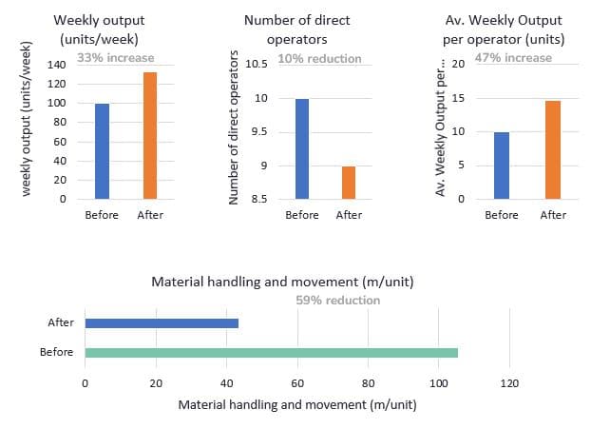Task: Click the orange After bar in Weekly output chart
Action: pos(150,135)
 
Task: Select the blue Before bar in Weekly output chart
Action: pos(103,151)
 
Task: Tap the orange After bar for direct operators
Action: pos(349,183)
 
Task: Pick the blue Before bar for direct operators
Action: pos(302,149)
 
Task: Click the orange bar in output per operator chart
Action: pos(553,149)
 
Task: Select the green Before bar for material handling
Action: pos(272,353)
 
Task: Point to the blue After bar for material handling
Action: pos(162,323)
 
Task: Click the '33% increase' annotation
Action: pos(116,58)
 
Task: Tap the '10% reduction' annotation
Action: pos(319,58)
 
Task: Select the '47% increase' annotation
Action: pos(513,58)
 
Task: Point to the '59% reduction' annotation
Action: pos(337,301)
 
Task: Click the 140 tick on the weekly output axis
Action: pos(57,65)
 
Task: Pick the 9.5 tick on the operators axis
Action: pos(259,131)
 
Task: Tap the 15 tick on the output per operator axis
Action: pos(458,98)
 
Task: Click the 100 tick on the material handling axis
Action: pos(439,383)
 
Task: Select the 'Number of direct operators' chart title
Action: pos(297,29)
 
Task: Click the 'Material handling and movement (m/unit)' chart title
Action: pos(283,282)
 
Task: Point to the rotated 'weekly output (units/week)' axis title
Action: pos(26,119)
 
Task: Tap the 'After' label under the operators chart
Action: pos(349,215)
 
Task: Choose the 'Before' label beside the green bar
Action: pos(57,352)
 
